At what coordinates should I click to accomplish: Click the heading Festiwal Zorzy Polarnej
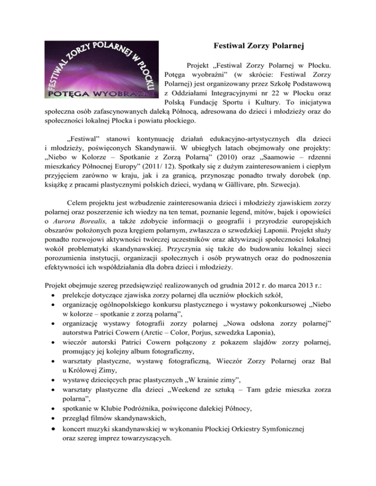[260, 47]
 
